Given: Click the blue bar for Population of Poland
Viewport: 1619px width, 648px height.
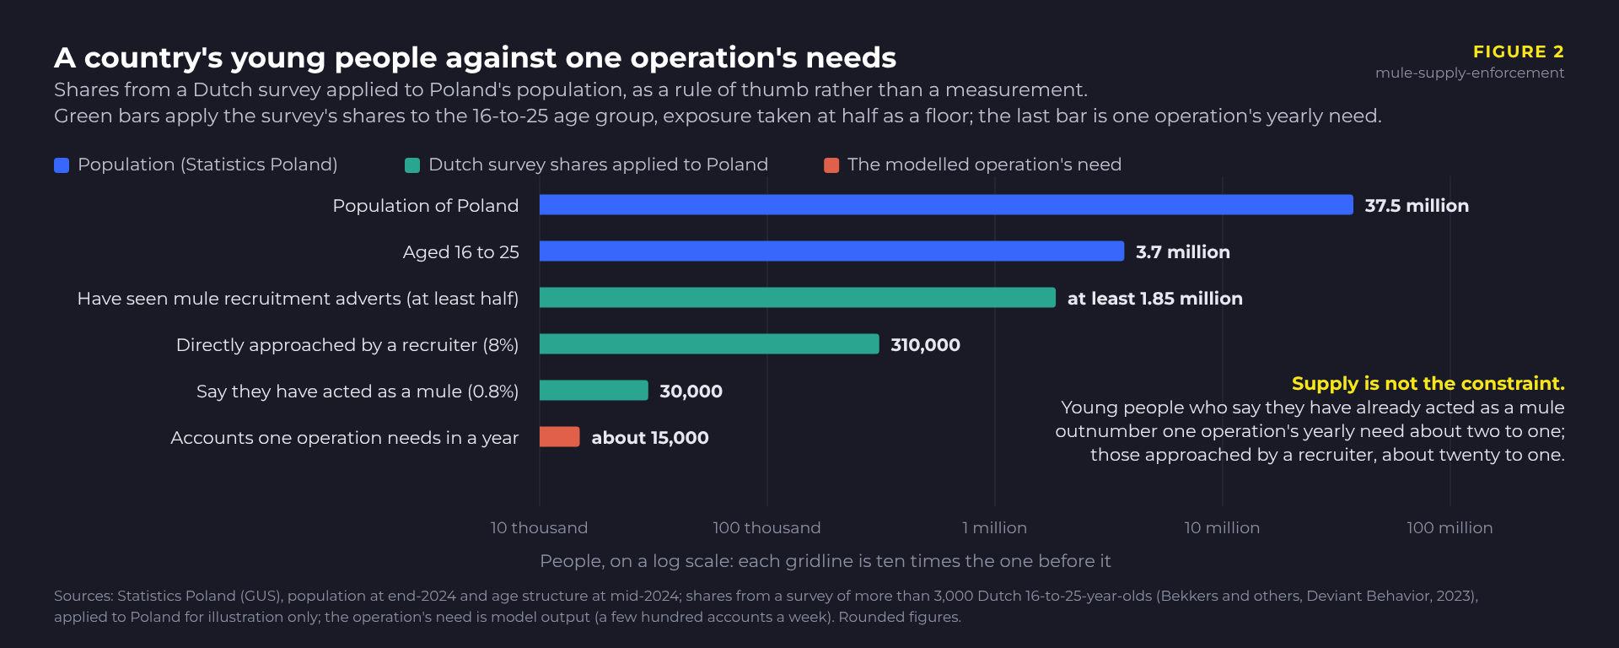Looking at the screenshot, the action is pyautogui.click(x=946, y=205).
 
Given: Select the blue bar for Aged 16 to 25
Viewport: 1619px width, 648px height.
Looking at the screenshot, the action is pyautogui.click(x=831, y=251).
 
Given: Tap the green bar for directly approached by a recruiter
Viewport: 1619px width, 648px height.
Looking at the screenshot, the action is pyautogui.click(x=709, y=344).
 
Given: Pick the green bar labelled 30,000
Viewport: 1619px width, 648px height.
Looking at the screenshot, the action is pyautogui.click(x=594, y=391).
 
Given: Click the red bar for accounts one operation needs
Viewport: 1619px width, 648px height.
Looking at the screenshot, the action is pyautogui.click(x=560, y=437).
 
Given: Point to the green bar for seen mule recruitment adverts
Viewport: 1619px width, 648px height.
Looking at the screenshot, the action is pyautogui.click(x=798, y=298).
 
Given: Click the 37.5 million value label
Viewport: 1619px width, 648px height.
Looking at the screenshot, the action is pyautogui.click(x=1417, y=206).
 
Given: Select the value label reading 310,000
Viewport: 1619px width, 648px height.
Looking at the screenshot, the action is pyautogui.click(x=925, y=345).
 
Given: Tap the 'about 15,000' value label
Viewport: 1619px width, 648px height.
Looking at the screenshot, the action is pyautogui.click(x=650, y=438).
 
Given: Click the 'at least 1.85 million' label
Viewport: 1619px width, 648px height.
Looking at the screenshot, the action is pyautogui.click(x=1155, y=299).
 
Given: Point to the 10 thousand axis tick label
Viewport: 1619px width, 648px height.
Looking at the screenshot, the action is pyautogui.click(x=540, y=528).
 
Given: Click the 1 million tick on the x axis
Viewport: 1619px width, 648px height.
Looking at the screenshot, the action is pyautogui.click(x=995, y=528).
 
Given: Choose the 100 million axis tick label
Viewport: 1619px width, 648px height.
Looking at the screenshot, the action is pyautogui.click(x=1450, y=528).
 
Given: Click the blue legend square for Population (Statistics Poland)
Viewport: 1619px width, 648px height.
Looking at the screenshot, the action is pyautogui.click(x=62, y=165).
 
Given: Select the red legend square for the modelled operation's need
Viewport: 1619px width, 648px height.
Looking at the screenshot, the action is pyautogui.click(x=831, y=165).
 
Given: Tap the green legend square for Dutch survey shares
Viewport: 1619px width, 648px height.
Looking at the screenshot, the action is pyautogui.click(x=412, y=165).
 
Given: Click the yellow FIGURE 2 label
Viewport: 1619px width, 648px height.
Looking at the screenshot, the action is pyautogui.click(x=1519, y=51).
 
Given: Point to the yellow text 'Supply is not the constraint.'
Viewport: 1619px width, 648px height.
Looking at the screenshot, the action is pyautogui.click(x=1428, y=384).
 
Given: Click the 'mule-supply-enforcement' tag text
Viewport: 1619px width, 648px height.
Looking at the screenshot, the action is pyautogui.click(x=1470, y=73).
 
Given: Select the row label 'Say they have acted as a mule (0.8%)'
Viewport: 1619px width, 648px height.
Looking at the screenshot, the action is pyautogui.click(x=358, y=391).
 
